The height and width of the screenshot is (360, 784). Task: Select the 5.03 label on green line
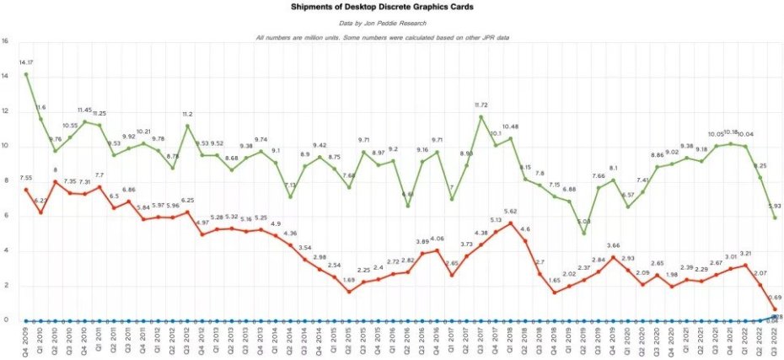tap(583, 223)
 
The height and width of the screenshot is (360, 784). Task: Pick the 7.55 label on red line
tap(24, 179)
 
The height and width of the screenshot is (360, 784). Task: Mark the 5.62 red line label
tap(509, 212)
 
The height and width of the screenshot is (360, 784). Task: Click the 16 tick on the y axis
tap(5, 40)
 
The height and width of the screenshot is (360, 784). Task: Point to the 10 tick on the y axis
tap(5, 146)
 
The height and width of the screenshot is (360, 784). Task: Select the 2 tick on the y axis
tap(5, 285)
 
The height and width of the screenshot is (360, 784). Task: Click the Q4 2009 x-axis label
tap(26, 341)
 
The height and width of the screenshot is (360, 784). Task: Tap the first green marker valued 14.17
tap(26, 74)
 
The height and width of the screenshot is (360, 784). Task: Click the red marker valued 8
tap(55, 181)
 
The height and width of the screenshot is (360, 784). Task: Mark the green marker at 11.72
tap(481, 116)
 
